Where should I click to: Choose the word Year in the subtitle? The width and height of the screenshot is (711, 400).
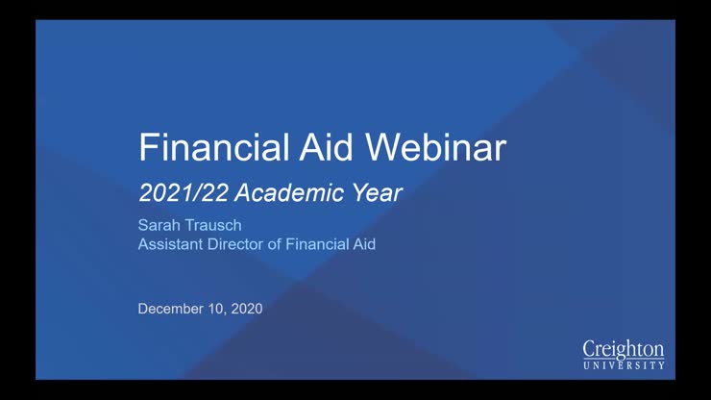click(375, 192)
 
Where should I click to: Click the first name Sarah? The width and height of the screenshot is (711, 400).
click(159, 226)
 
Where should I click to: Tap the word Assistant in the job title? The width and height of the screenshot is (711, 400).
click(170, 244)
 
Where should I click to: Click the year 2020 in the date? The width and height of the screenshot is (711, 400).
click(246, 309)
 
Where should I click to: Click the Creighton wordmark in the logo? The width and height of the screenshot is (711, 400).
click(624, 348)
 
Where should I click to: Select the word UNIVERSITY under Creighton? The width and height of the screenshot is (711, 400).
click(624, 365)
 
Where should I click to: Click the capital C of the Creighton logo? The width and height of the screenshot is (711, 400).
click(590, 348)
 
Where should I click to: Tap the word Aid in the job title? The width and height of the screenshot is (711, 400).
click(363, 244)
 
